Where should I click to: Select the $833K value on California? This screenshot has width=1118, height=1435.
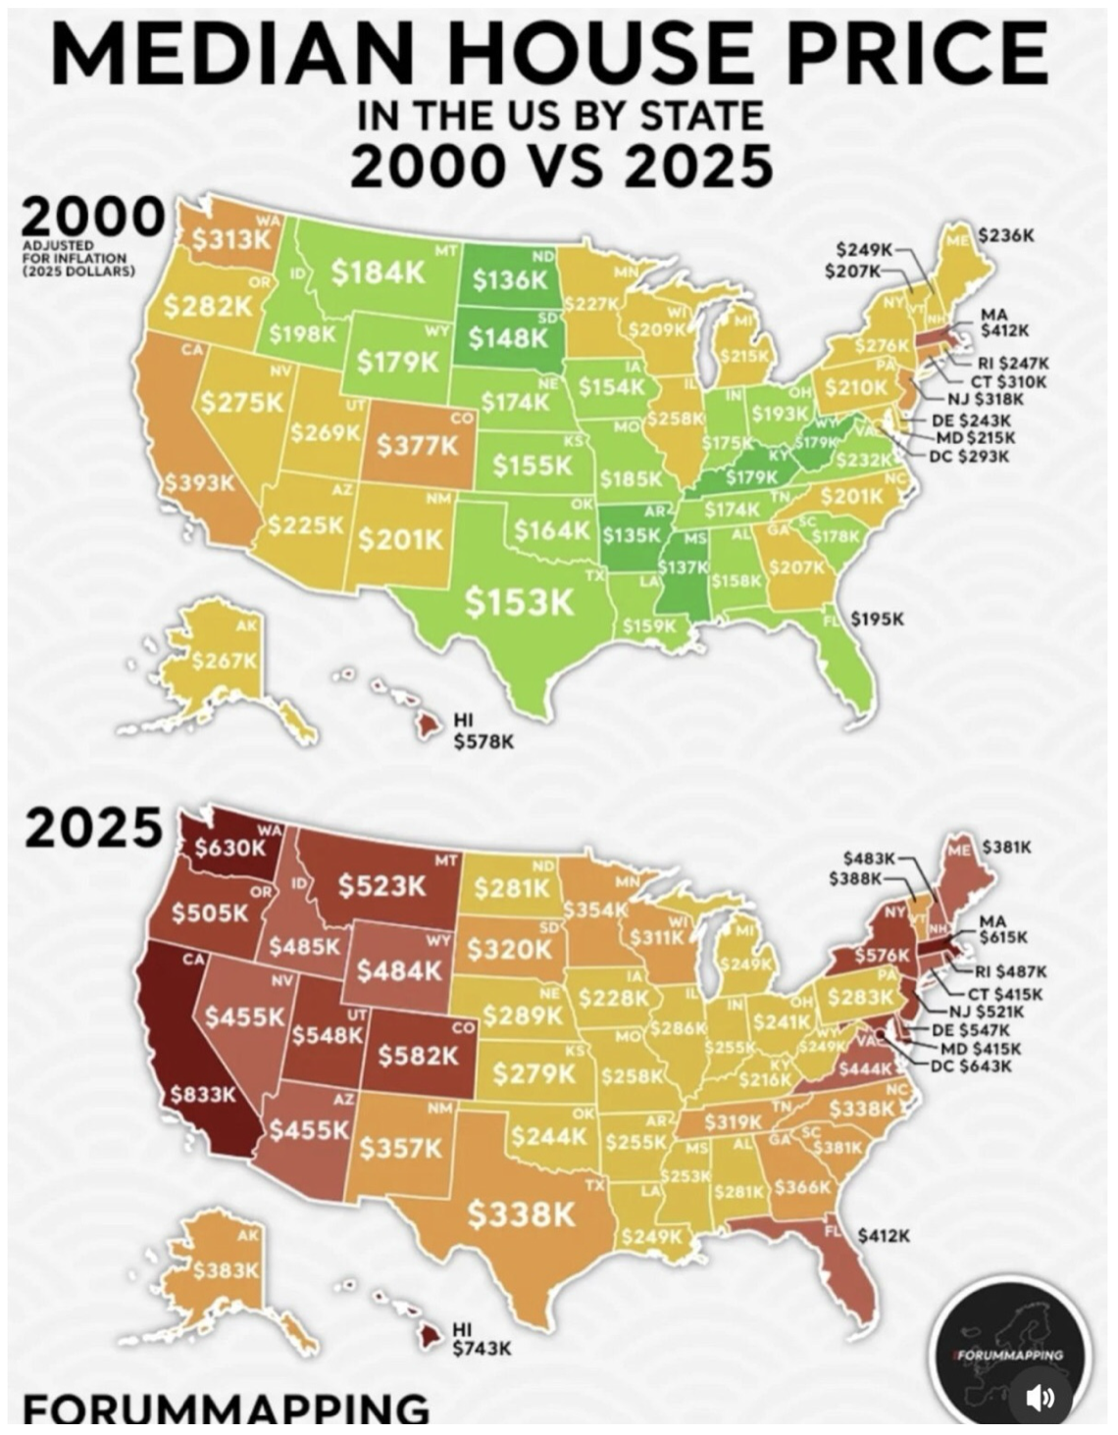coord(202,1094)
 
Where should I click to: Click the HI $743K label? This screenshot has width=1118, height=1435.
coord(482,1339)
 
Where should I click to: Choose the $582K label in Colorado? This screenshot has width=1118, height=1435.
coord(419,1055)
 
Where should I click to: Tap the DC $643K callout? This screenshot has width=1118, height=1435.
coord(970,1065)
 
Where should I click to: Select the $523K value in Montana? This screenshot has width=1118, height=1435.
coord(382,886)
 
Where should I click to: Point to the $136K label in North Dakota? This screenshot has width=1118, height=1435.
coord(510,279)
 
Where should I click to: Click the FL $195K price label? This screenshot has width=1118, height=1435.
coord(877,619)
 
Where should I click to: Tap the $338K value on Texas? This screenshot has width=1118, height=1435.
coord(521,1214)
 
